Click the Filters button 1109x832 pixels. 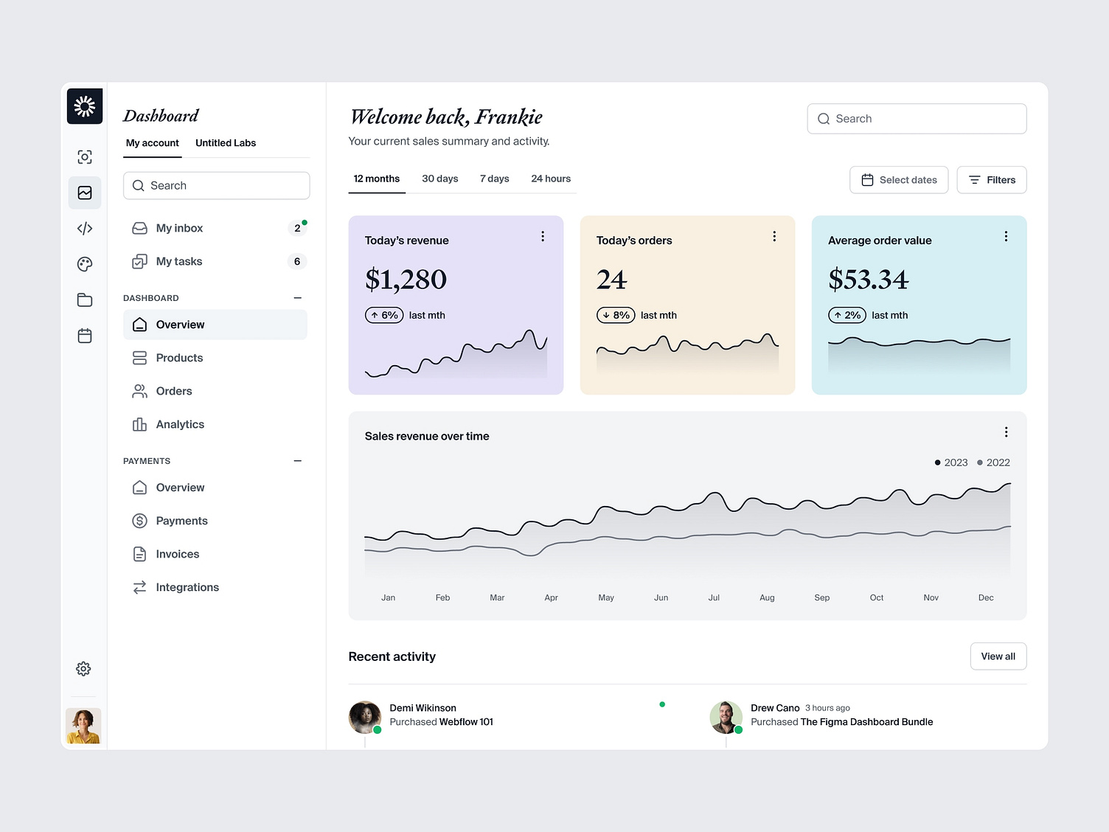tap(991, 180)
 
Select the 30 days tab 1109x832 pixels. tap(439, 178)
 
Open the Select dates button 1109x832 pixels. tap(899, 180)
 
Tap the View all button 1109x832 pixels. tap(998, 656)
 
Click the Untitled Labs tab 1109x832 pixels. tap(226, 143)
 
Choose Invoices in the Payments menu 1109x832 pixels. tap(177, 554)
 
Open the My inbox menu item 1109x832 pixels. tap(179, 228)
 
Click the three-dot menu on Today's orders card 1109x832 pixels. tap(774, 236)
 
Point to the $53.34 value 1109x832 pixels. tap(868, 280)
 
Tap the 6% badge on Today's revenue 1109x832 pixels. tap(384, 315)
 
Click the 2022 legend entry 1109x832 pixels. tap(993, 462)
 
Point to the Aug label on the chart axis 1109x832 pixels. tap(767, 597)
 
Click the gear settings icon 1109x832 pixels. tap(84, 669)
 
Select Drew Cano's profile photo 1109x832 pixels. tap(726, 717)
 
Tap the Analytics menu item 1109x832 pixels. tap(180, 424)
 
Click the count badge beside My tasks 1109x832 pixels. tap(297, 261)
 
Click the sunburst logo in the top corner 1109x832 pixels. tap(85, 106)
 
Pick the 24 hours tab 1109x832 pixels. tap(551, 178)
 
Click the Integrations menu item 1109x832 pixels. tap(187, 587)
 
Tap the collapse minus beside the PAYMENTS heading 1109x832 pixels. tap(298, 461)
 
